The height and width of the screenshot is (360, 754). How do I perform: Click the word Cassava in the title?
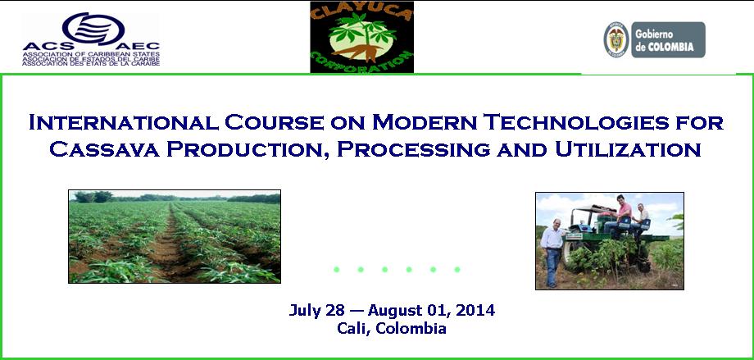104,149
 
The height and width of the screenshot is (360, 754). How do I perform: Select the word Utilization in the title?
628,149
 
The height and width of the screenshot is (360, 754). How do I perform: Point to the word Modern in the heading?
425,122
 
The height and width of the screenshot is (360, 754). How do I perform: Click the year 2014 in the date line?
475,310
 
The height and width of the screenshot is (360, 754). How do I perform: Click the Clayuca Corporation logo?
361,37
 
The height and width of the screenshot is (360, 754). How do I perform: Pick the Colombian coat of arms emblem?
616,39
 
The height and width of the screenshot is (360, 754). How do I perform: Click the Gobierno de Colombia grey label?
668,39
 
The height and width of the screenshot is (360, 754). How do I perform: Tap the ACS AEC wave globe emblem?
93,28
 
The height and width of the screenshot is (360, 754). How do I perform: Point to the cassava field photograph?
175,236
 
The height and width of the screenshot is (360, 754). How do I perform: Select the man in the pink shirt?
619,215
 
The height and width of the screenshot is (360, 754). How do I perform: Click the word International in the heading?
123,122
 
